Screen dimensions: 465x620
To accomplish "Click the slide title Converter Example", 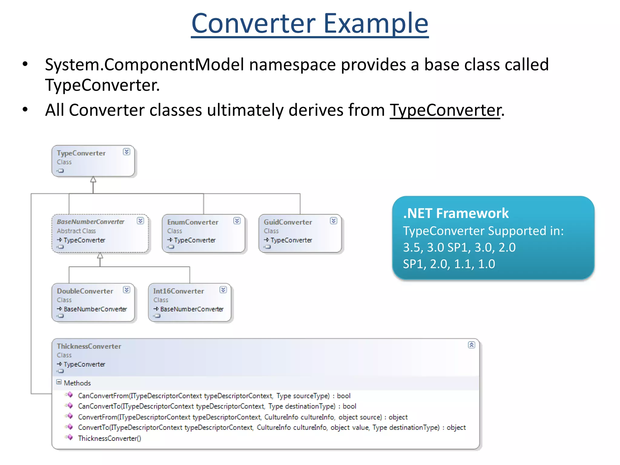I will pyautogui.click(x=310, y=23).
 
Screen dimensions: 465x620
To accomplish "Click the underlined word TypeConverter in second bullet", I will pyautogui.click(x=445, y=110).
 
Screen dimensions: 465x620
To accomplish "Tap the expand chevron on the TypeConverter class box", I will pyautogui.click(x=127, y=152).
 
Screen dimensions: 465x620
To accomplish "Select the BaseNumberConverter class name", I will pyautogui.click(x=91, y=222).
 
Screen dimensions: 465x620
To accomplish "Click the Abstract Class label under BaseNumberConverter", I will pyautogui.click(x=76, y=231).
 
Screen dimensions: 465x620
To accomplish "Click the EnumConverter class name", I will pyautogui.click(x=193, y=222).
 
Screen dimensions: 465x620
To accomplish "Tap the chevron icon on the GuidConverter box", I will pyautogui.click(x=334, y=221).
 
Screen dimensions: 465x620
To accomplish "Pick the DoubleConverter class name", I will pyautogui.click(x=85, y=291).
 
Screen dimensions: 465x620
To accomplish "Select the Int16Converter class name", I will pyautogui.click(x=178, y=291).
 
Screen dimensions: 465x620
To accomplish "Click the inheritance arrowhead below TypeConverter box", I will pyautogui.click(x=93, y=180).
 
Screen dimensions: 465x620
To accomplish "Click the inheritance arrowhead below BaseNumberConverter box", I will pyautogui.click(x=100, y=256).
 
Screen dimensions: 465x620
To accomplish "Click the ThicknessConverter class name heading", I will pyautogui.click(x=89, y=346).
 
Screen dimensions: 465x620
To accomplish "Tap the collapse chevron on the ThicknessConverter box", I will pyautogui.click(x=471, y=345).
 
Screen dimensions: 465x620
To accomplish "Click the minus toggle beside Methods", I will pyautogui.click(x=59, y=382).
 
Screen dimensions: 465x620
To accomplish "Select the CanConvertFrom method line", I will pyautogui.click(x=214, y=396).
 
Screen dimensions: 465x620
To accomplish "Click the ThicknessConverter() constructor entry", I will pyautogui.click(x=109, y=438).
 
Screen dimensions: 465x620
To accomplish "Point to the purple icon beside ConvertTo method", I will pyautogui.click(x=70, y=427).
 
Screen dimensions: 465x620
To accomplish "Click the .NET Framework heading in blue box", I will pyautogui.click(x=456, y=213).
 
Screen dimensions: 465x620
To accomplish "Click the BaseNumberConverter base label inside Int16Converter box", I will pyautogui.click(x=192, y=309).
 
